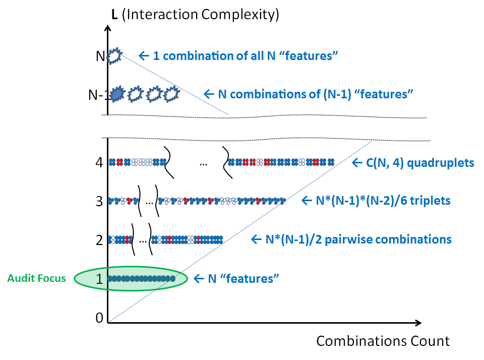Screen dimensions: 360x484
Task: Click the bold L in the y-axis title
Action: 114,14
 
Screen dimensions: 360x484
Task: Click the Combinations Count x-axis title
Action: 383,341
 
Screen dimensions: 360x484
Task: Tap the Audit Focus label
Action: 37,278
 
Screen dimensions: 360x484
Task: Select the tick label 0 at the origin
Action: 99,317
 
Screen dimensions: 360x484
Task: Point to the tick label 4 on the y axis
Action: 99,162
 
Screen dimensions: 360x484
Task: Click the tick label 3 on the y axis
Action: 99,201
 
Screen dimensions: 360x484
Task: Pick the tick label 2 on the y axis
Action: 99,239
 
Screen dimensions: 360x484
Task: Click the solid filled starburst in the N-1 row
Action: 117,94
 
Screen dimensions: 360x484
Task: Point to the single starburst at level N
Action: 114,55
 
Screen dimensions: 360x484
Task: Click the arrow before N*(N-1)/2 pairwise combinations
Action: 257,239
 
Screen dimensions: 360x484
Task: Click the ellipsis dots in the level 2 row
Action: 143,241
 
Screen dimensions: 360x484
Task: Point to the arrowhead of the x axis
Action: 418,322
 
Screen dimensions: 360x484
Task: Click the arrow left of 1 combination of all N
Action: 144,55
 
